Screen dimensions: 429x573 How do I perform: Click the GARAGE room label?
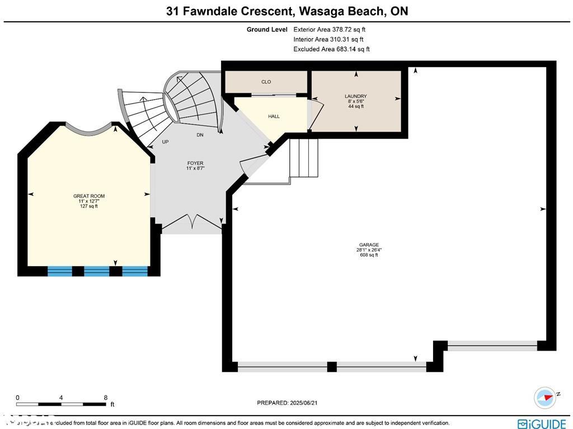pos(369,245)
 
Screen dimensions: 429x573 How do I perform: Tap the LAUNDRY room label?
pos(355,96)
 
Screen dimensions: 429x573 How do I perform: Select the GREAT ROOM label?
pos(89,196)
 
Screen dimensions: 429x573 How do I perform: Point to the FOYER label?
pos(195,164)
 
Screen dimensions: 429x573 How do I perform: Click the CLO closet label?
pos(266,82)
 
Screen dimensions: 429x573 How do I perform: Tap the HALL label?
pos(274,116)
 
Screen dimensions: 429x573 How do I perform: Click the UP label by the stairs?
pos(165,142)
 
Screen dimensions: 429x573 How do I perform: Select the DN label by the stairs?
pos(200,136)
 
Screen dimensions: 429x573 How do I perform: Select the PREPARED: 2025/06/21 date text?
pos(290,403)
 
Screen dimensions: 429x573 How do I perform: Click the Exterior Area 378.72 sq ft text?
pos(330,29)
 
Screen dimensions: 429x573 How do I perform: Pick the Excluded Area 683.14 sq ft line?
pos(331,49)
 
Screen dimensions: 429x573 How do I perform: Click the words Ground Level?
pos(267,29)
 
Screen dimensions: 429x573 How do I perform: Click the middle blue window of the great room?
pos(97,272)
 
